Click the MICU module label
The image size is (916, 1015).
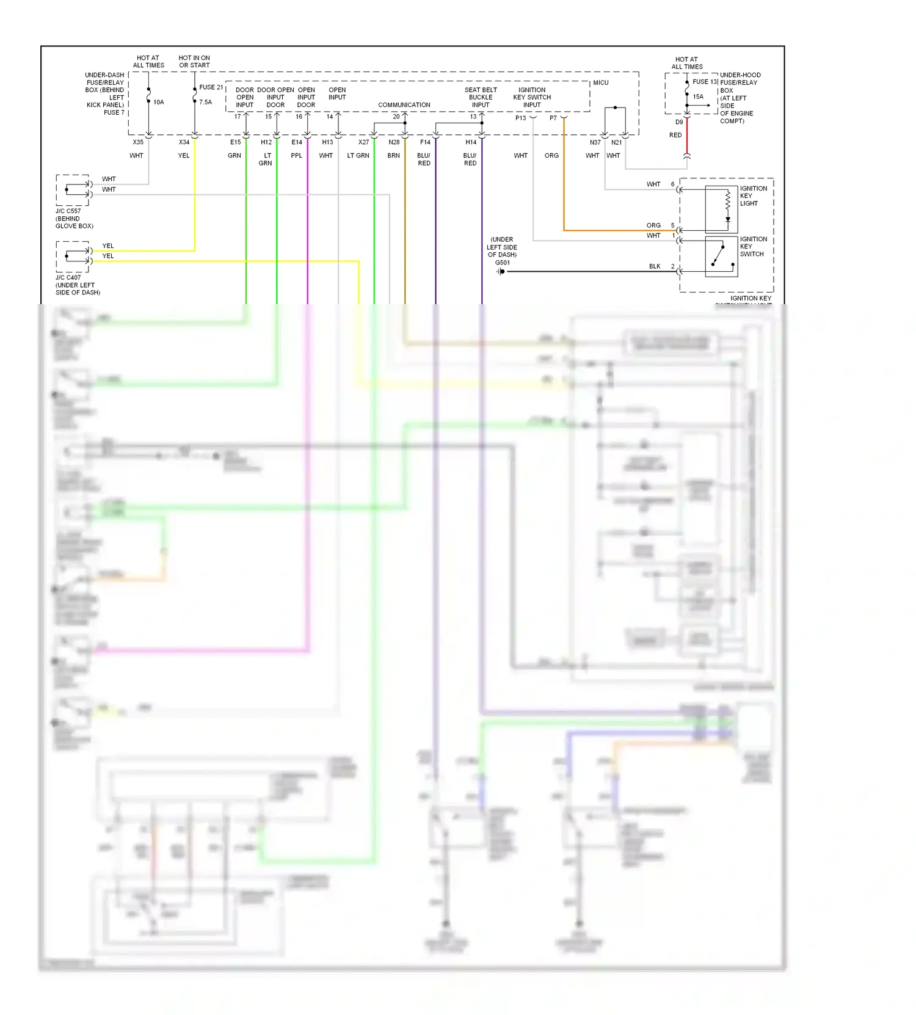[x=600, y=82]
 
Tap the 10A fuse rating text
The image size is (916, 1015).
[x=159, y=102]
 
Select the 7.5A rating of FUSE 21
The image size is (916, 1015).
[x=205, y=102]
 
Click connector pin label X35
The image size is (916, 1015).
[x=138, y=142]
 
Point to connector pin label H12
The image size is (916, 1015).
[x=266, y=142]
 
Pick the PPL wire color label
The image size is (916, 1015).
[x=296, y=156]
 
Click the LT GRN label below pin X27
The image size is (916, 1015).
[x=358, y=156]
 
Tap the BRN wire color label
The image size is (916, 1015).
[x=393, y=156]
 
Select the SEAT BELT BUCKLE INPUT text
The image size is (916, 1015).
[x=481, y=97]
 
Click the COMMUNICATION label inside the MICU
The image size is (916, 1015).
[x=404, y=105]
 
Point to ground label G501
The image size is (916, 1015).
[x=502, y=263]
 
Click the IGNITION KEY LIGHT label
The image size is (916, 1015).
[x=753, y=196]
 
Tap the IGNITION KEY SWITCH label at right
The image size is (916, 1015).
[x=753, y=247]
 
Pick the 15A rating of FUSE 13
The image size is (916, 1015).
[x=698, y=96]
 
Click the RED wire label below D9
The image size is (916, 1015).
[x=675, y=135]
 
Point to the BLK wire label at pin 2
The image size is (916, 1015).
[x=655, y=266]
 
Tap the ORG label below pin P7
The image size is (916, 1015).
[x=551, y=156]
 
